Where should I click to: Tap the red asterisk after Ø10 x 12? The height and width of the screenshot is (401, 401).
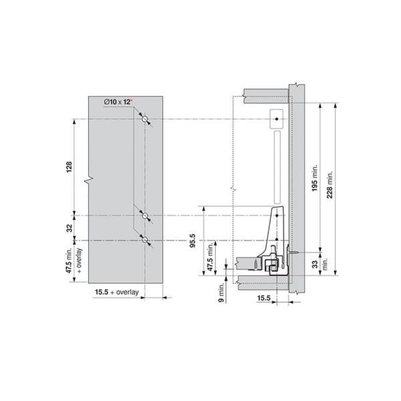click(132, 100)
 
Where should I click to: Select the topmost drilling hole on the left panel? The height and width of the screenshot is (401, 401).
click(144, 118)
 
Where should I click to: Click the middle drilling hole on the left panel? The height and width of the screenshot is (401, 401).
click(144, 215)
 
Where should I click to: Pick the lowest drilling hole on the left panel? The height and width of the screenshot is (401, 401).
click(144, 239)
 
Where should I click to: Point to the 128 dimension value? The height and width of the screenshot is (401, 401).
click(68, 167)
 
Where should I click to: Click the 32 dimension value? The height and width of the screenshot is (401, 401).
click(68, 227)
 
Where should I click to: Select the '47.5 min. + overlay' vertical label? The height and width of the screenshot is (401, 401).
click(73, 263)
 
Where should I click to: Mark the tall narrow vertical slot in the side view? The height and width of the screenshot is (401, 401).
click(275, 167)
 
